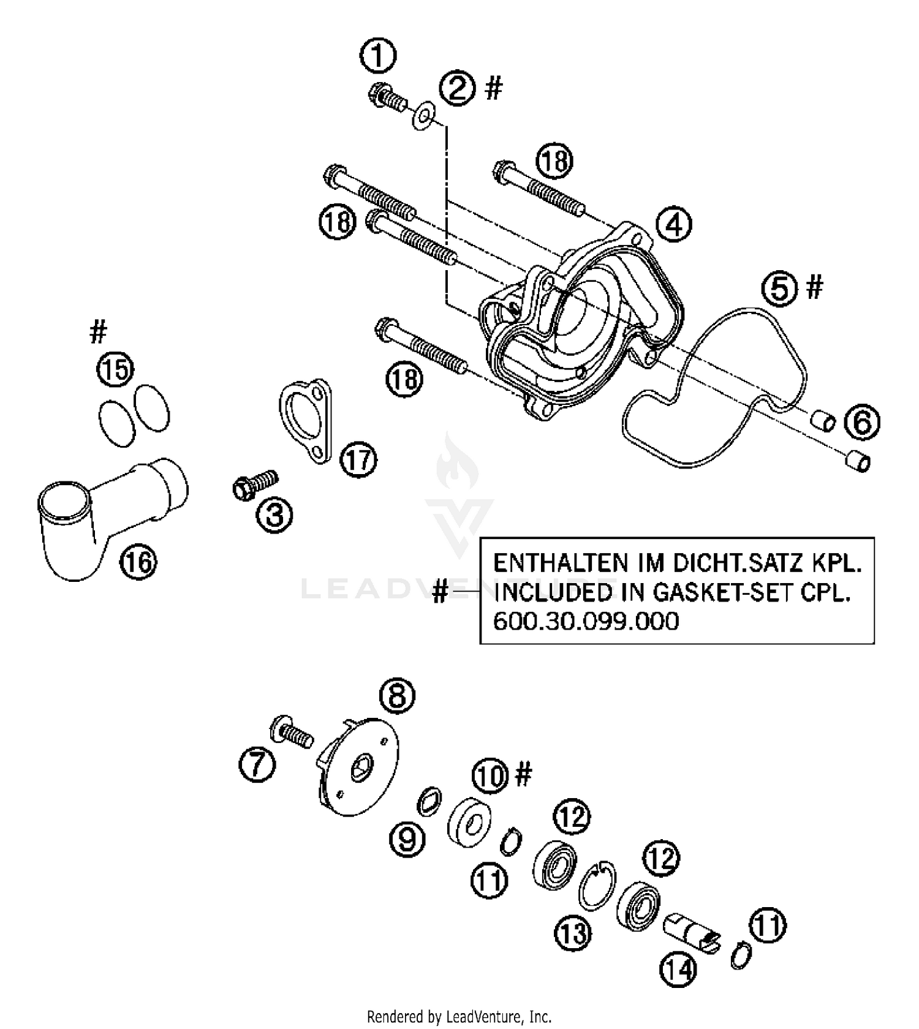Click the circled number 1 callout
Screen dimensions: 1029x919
(377, 56)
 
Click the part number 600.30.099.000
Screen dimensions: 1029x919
(586, 622)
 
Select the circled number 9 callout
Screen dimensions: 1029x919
(407, 838)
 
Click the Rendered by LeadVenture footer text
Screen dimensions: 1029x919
(459, 1017)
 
